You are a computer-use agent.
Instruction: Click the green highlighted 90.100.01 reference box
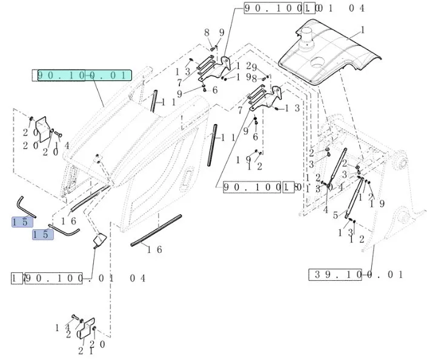(82, 76)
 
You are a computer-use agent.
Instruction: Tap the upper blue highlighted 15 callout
(21, 222)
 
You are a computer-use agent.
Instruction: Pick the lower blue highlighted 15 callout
(42, 234)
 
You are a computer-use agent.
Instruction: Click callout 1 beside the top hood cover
(362, 30)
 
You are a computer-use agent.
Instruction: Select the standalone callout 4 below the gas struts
(325, 210)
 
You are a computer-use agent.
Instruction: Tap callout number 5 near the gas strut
(334, 216)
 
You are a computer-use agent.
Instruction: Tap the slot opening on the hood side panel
(188, 178)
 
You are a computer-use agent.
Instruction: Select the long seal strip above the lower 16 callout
(156, 229)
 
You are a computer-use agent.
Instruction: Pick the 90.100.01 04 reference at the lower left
(79, 278)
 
